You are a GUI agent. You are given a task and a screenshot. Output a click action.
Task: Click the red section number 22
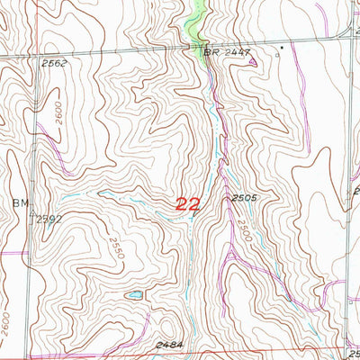[187, 204]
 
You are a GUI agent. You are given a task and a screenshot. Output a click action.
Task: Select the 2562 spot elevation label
[53, 63]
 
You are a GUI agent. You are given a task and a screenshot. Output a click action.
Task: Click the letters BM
[21, 202]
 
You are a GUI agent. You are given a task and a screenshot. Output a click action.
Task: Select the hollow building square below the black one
[278, 55]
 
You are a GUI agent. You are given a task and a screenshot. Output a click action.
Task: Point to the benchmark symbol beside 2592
[33, 216]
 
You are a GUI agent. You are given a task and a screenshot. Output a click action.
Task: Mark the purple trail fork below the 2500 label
[236, 261]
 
